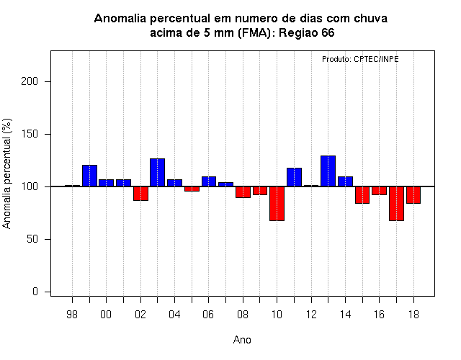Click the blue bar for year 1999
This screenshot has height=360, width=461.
(x=89, y=176)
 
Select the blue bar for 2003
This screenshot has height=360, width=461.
(x=157, y=173)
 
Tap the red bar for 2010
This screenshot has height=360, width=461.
(x=277, y=203)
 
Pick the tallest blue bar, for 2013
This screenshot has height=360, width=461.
(x=328, y=171)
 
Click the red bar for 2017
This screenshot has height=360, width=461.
(x=396, y=203)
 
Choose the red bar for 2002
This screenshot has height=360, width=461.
(x=141, y=194)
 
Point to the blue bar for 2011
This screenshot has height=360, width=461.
(x=294, y=177)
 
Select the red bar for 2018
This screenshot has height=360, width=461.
(x=413, y=195)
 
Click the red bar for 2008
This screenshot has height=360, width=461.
(x=243, y=192)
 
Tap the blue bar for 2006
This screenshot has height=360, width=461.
(x=209, y=181)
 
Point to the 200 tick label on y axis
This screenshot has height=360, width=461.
(x=30, y=81)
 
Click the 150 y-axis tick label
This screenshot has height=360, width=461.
(x=30, y=134)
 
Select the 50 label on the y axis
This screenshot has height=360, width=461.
(x=32, y=239)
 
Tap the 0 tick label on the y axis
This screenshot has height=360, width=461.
(x=35, y=292)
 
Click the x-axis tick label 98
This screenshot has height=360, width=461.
(x=72, y=315)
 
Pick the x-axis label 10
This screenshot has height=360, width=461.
(x=277, y=315)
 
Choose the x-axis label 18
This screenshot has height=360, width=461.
(x=413, y=315)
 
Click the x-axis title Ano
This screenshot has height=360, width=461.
(x=242, y=340)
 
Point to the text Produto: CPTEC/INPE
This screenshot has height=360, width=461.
(x=360, y=59)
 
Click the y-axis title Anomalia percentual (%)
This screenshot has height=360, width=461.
(x=6, y=174)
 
